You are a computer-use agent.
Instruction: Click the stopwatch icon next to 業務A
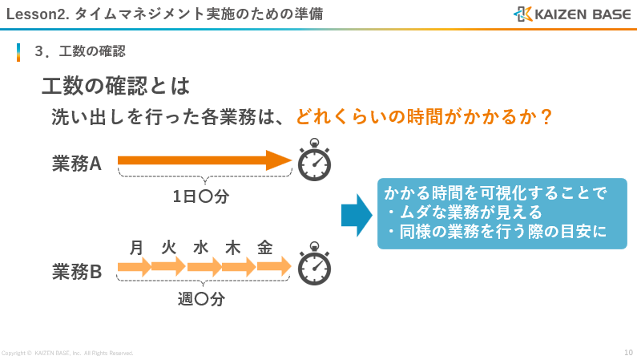click(314, 162)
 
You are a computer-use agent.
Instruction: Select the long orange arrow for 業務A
click(204, 160)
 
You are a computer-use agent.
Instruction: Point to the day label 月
click(136, 247)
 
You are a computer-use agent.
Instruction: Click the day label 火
click(168, 247)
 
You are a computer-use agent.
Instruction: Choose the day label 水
click(200, 247)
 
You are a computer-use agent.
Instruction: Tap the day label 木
click(232, 247)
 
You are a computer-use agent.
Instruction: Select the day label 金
click(265, 247)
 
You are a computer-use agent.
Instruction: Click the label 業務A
click(77, 164)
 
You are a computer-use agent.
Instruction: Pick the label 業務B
click(77, 273)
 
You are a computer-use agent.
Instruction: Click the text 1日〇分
click(201, 196)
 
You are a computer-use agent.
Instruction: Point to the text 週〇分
click(201, 300)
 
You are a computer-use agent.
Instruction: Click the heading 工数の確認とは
click(115, 85)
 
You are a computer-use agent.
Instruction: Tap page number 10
click(628, 352)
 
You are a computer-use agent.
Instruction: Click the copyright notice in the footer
click(67, 353)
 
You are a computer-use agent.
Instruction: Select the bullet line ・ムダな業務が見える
click(464, 212)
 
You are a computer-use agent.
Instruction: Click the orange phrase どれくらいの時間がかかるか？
click(425, 117)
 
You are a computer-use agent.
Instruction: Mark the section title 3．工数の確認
click(80, 51)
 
